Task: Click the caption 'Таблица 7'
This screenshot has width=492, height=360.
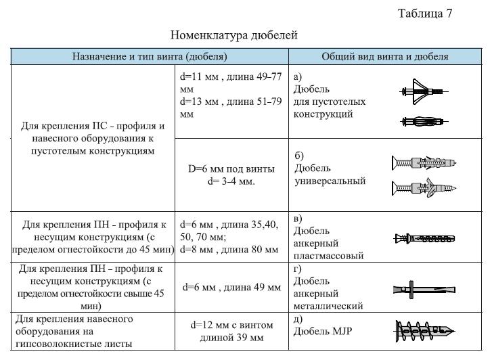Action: [424, 14]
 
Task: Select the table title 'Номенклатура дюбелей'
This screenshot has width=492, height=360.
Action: [234, 35]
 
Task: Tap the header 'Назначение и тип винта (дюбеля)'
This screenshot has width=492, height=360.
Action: [150, 57]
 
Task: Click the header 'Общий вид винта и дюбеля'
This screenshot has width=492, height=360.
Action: [384, 57]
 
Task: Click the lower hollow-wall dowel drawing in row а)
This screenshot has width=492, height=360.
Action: [422, 122]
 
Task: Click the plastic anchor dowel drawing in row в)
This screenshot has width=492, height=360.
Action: [424, 238]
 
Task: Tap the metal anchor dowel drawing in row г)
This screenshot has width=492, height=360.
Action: [424, 289]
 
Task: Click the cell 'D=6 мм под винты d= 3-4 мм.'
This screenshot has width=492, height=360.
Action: [231, 175]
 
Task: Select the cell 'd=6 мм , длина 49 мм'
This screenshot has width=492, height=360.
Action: [231, 288]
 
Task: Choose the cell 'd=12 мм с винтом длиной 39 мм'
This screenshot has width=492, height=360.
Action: [231, 331]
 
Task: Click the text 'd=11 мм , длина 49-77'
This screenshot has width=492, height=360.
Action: [231, 76]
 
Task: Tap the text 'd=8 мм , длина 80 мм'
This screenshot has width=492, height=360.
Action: [229, 250]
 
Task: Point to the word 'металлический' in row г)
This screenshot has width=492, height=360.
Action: [329, 307]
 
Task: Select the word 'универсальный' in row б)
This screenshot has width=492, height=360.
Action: [330, 181]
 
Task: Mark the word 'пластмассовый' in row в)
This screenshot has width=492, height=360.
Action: [329, 256]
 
